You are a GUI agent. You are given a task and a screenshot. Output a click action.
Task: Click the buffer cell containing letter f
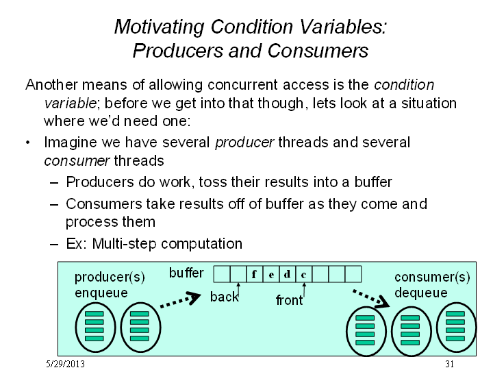tap(254, 274)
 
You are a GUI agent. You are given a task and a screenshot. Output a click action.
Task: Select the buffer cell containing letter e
tap(271, 274)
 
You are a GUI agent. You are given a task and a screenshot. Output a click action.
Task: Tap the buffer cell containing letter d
tap(288, 274)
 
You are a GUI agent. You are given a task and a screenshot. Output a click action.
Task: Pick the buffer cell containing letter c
tap(304, 274)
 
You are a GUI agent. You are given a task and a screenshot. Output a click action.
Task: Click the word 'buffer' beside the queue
tap(186, 273)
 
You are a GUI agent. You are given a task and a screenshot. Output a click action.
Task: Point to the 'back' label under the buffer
tap(224, 297)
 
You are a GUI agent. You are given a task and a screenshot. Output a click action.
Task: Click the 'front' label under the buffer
tap(289, 300)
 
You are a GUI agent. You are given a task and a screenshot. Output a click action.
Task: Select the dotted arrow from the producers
tap(181, 300)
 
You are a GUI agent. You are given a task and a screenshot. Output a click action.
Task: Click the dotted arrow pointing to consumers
tap(371, 298)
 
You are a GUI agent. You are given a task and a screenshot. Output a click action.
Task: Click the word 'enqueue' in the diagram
tap(101, 293)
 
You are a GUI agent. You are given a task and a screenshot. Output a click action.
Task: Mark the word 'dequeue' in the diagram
tap(421, 293)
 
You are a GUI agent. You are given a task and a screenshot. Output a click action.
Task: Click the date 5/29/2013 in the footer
tap(66, 364)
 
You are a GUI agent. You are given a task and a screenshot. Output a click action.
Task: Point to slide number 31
tap(450, 364)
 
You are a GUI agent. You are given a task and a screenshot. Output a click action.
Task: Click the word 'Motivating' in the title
tap(159, 27)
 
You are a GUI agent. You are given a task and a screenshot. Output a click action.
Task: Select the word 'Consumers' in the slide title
tap(318, 51)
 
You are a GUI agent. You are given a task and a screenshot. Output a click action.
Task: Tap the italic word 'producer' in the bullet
tap(244, 143)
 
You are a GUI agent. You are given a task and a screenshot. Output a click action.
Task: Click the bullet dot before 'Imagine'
tap(28, 143)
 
